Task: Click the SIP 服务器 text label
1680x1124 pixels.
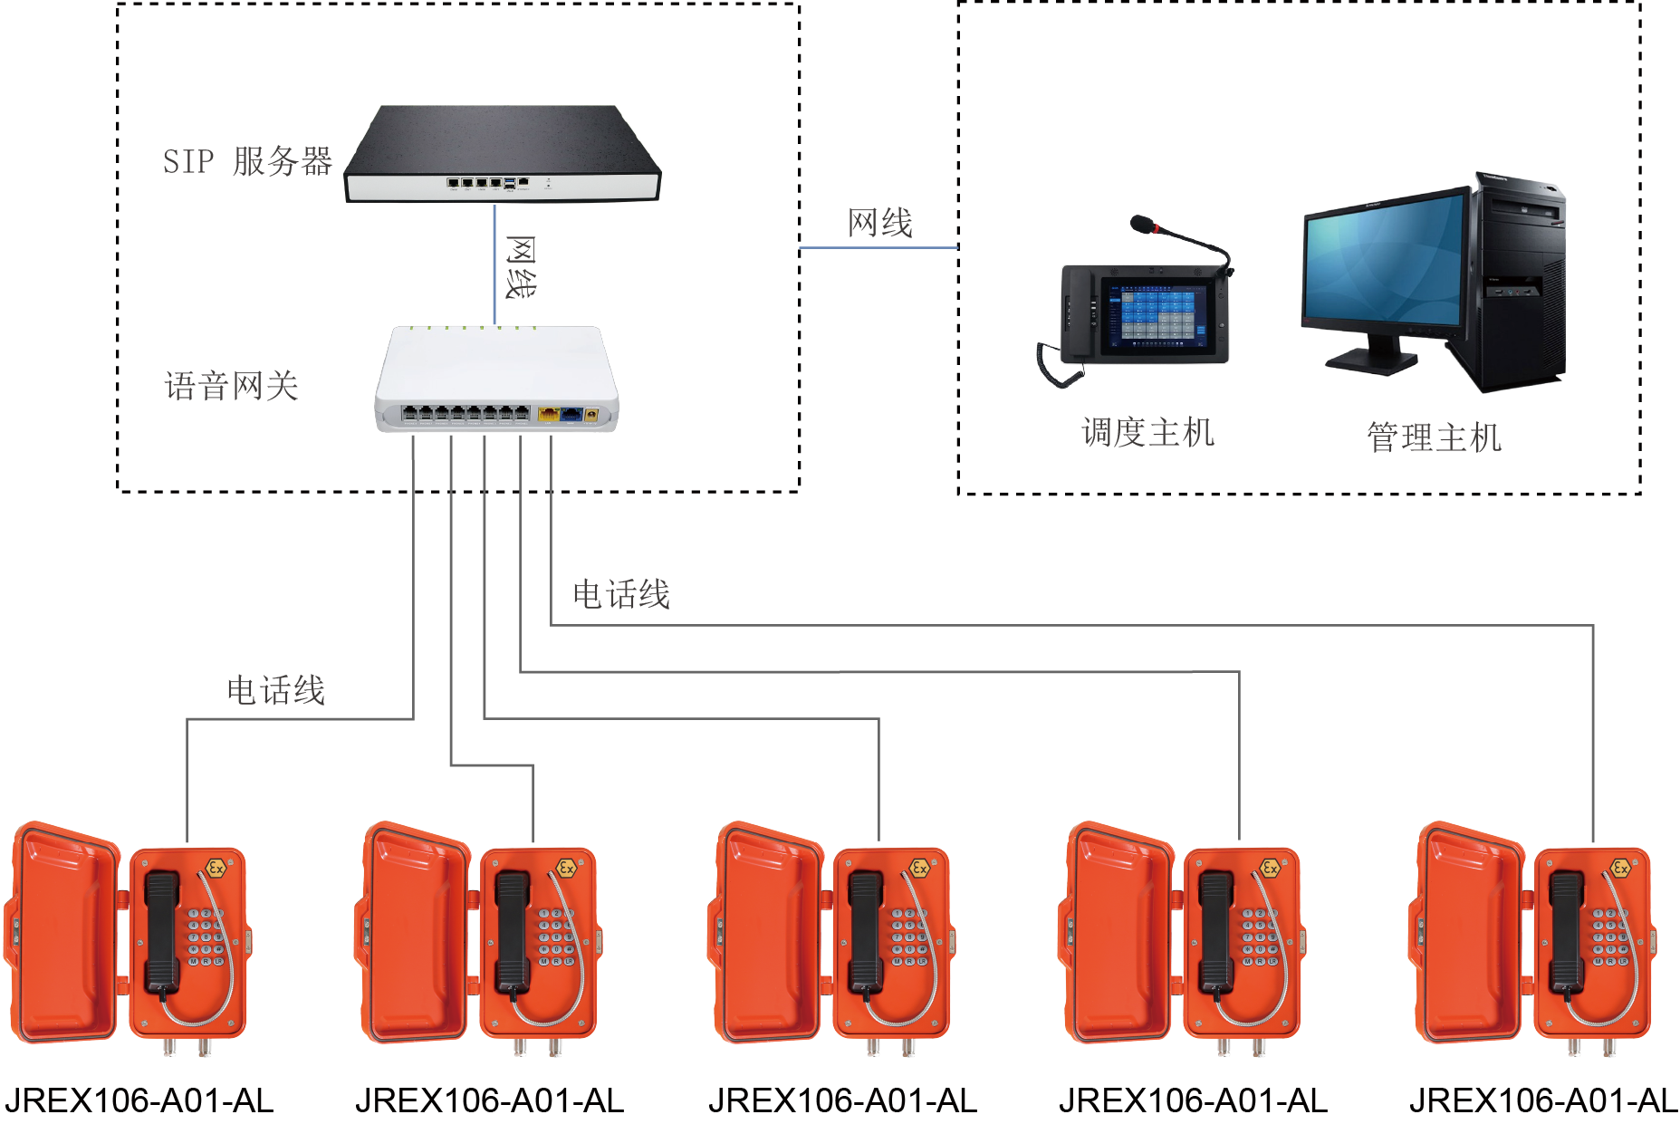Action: [247, 161]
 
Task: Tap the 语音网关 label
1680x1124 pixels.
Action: [231, 386]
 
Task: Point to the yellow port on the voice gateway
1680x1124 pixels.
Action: [548, 414]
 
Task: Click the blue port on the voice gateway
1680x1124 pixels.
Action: [571, 414]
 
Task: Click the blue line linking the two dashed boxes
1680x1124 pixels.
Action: [878, 246]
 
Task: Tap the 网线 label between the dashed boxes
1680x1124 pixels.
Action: [879, 222]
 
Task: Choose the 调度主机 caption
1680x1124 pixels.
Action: [1147, 433]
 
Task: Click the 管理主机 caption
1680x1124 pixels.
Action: [1434, 437]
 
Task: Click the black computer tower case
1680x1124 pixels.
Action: [1522, 281]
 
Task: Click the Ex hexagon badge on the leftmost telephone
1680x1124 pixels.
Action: [216, 869]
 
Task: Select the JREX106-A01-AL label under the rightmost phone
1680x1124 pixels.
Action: [1542, 1100]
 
